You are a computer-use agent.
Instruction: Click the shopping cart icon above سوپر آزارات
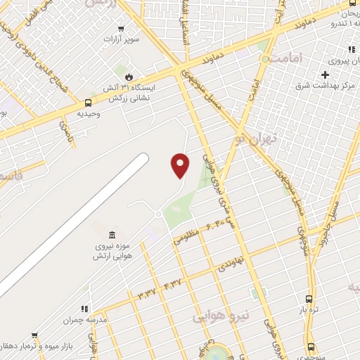click(x=122, y=30)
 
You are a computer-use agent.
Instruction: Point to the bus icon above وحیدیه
click(x=88, y=103)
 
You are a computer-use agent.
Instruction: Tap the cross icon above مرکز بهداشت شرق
click(x=326, y=75)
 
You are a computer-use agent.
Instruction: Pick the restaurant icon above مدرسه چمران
click(x=84, y=308)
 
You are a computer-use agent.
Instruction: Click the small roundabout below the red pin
click(x=159, y=213)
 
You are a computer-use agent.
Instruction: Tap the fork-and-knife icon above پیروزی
click(x=352, y=49)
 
